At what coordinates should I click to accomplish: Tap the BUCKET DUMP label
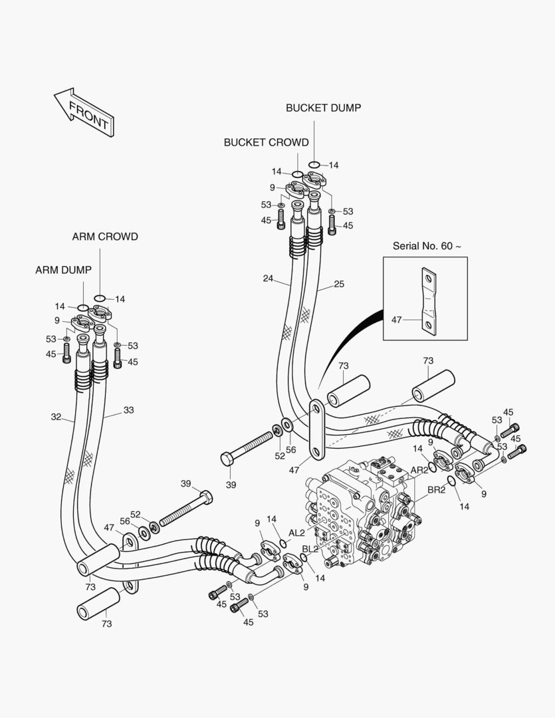point(323,108)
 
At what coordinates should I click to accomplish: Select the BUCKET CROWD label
point(266,142)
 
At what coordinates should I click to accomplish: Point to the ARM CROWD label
point(105,237)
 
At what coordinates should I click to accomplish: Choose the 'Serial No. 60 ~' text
point(427,246)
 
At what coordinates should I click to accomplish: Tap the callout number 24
point(268,279)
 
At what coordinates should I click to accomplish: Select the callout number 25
point(339,284)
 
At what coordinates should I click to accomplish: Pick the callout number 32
point(56,418)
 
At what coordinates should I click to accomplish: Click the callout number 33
point(128,410)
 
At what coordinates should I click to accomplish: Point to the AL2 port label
point(296,533)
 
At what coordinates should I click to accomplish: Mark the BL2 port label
point(310,548)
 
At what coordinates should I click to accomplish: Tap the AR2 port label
point(419,470)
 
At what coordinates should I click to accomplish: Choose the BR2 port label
point(436,490)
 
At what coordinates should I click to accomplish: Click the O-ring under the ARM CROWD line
point(100,298)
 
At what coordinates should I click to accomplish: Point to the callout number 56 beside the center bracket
point(290,449)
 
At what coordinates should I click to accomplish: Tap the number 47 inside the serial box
point(397,320)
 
